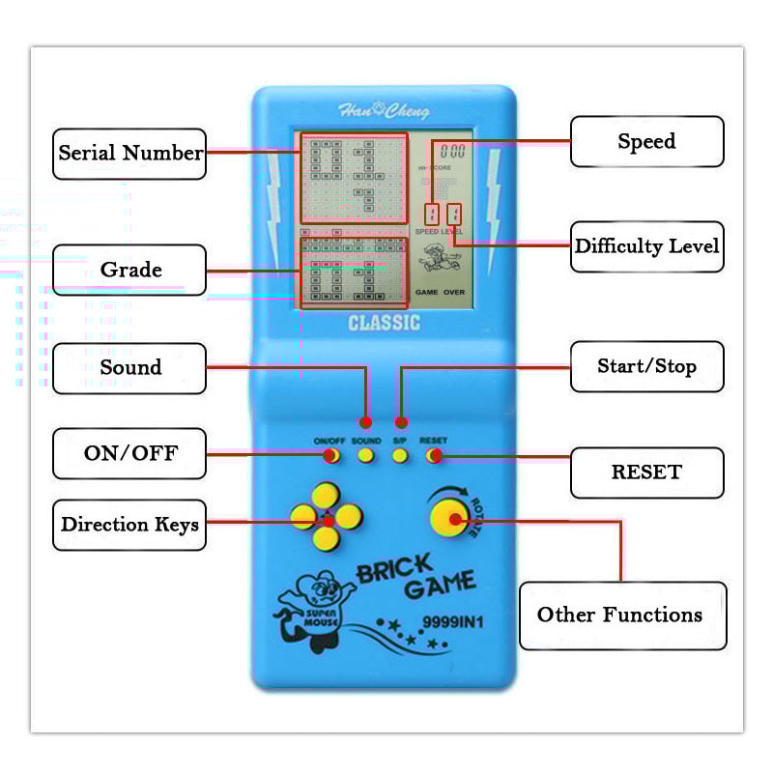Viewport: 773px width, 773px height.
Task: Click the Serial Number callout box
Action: (129, 154)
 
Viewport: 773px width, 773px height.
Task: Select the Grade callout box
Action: (129, 270)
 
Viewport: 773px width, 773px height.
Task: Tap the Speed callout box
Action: (646, 142)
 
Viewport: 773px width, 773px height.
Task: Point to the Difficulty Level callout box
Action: (646, 246)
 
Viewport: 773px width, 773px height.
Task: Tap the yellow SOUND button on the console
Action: (366, 455)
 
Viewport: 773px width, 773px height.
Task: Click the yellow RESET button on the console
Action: (434, 455)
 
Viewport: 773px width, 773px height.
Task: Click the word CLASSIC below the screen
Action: (384, 323)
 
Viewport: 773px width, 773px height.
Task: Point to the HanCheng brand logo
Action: (384, 111)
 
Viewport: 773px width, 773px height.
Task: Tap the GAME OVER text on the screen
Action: (440, 291)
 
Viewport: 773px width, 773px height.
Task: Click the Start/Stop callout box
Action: (646, 367)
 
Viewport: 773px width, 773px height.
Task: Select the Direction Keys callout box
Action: (129, 525)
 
